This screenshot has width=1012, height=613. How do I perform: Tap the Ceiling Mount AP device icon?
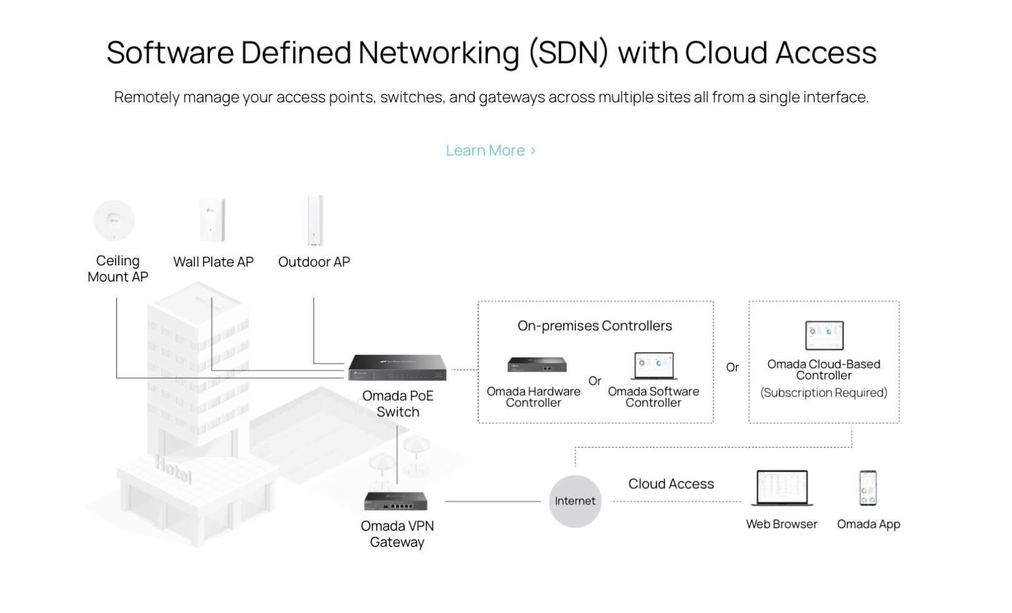(114, 220)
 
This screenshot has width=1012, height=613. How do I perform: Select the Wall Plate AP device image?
(212, 220)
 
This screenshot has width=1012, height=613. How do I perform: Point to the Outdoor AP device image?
(314, 220)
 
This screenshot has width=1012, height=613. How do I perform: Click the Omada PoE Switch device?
(397, 367)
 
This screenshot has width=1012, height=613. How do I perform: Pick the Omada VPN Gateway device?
(396, 501)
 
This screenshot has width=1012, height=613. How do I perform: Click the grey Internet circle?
(575, 501)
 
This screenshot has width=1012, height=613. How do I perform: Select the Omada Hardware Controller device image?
(537, 364)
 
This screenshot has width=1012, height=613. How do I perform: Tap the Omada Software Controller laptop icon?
(653, 366)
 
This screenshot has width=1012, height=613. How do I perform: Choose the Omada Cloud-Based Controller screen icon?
(824, 335)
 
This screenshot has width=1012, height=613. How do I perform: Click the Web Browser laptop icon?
(781, 488)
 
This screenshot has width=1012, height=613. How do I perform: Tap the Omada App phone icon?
(868, 488)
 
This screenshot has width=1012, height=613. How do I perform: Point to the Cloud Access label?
(671, 484)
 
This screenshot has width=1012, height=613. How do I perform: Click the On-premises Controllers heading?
(595, 326)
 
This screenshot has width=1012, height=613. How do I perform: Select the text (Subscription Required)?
(823, 393)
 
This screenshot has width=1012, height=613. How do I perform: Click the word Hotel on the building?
(173, 469)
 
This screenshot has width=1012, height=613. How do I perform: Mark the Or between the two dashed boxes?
(732, 368)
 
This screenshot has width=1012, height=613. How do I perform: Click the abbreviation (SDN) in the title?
(568, 52)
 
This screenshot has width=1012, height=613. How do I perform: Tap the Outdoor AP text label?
(314, 262)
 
